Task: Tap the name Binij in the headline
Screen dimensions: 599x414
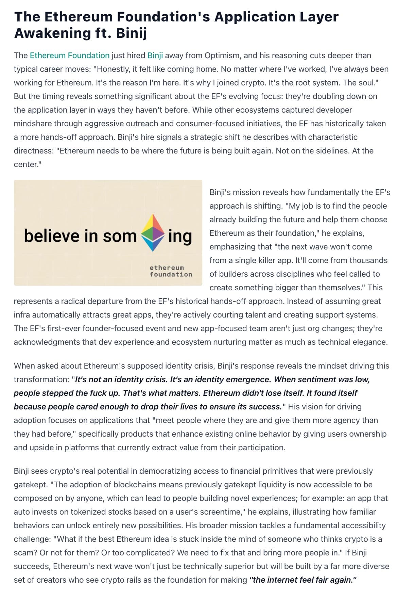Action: (132, 33)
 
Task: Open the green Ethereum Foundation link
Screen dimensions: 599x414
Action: (70, 55)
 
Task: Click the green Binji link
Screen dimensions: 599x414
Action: (155, 55)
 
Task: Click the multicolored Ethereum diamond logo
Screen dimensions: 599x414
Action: (153, 233)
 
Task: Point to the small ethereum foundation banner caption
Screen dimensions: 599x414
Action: (171, 271)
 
